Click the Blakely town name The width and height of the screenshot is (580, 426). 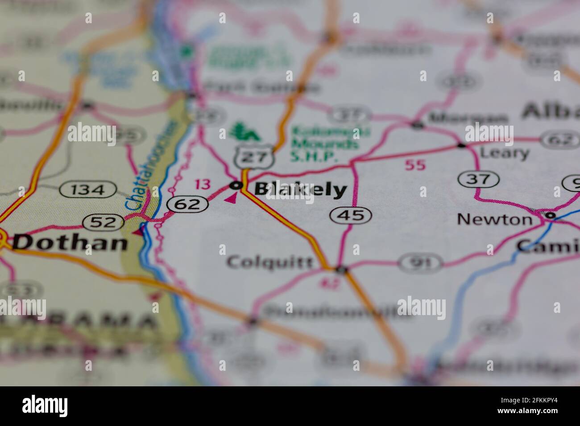(x=300, y=190)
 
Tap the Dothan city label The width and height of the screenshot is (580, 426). (x=70, y=242)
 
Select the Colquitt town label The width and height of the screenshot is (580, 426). (x=270, y=262)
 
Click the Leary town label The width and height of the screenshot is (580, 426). (x=504, y=153)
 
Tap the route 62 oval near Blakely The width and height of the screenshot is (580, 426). (x=188, y=205)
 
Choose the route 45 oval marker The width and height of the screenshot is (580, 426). (x=351, y=216)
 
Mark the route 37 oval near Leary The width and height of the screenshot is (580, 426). (x=478, y=180)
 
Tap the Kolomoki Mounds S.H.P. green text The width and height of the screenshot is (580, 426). (x=324, y=143)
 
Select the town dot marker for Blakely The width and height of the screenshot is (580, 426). (x=236, y=185)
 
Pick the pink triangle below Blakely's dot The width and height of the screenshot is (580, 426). (x=230, y=198)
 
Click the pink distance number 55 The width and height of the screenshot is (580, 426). (x=415, y=165)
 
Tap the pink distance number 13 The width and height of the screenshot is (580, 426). (x=202, y=184)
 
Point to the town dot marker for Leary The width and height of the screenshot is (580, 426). (x=461, y=145)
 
